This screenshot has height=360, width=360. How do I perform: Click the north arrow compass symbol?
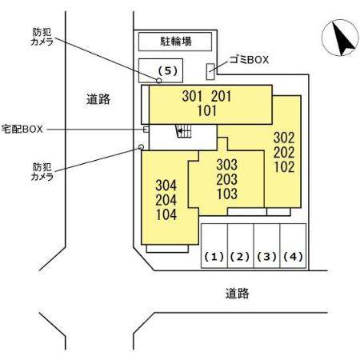(x=340, y=38)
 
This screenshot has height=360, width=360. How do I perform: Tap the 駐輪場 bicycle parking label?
(x=176, y=42)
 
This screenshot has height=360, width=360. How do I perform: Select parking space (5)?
(x=161, y=70)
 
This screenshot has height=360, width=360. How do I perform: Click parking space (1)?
(x=214, y=246)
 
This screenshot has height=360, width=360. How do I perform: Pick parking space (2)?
(x=240, y=246)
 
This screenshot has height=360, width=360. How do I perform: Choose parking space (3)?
(x=266, y=246)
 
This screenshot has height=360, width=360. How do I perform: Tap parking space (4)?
(x=293, y=246)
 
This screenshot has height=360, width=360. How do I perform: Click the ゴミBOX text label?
(x=249, y=60)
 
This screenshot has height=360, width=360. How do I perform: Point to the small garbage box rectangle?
(x=210, y=71)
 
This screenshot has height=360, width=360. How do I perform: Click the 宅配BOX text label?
(x=22, y=129)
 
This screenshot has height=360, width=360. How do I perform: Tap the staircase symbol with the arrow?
(x=183, y=131)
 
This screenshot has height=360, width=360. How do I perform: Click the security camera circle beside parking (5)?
(x=159, y=80)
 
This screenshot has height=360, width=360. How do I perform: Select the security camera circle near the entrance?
(x=142, y=147)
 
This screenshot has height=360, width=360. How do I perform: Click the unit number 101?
(x=207, y=111)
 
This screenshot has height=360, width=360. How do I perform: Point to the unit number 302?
(x=284, y=138)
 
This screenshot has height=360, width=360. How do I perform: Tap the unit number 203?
(x=226, y=179)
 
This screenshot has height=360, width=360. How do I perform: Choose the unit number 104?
(x=166, y=214)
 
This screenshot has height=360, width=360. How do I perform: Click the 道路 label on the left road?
(x=98, y=99)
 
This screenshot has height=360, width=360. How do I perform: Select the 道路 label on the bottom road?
(x=238, y=294)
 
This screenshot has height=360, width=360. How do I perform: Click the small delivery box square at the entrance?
(x=146, y=130)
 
